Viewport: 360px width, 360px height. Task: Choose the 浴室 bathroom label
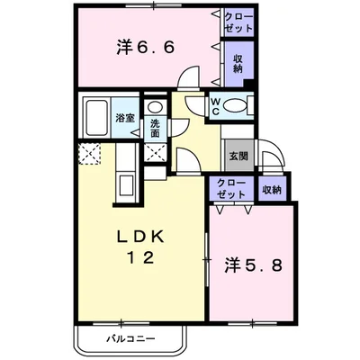click(125, 119)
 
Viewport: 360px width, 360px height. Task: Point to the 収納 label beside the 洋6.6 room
click(238, 64)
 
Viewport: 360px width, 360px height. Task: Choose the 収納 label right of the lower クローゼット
click(272, 189)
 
